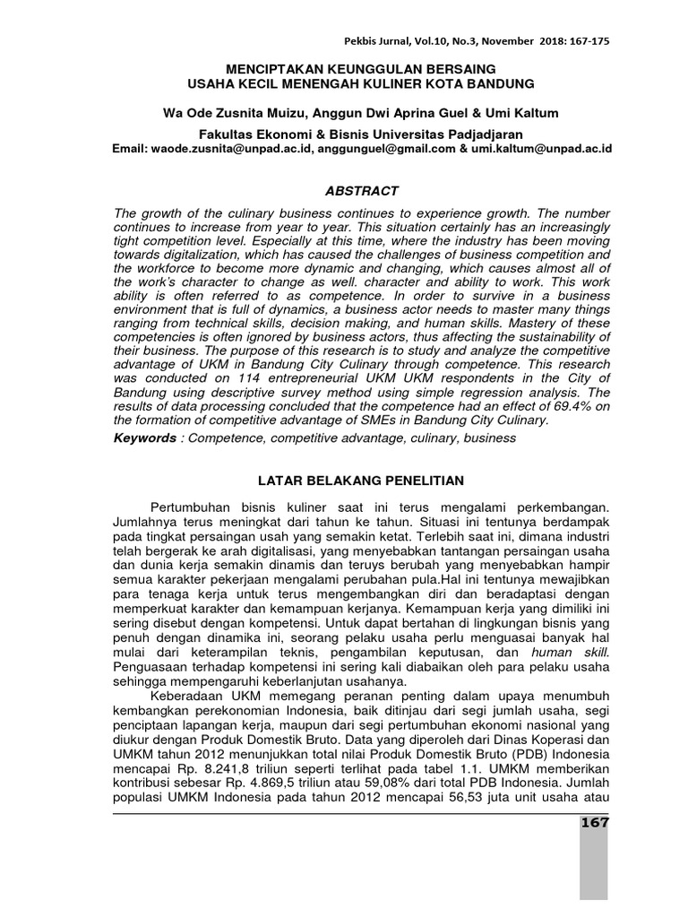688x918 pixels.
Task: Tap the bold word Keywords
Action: (146, 438)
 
